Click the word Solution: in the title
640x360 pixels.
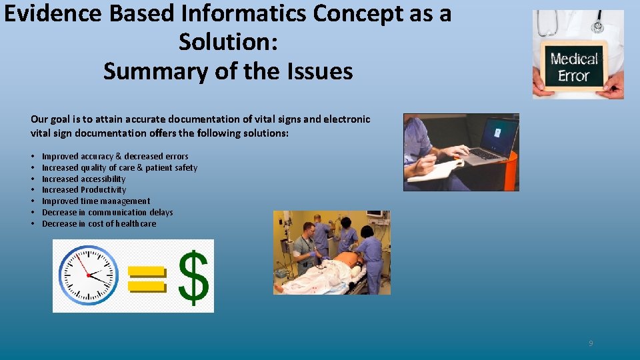[x=228, y=42]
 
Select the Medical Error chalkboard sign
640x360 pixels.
[x=574, y=67]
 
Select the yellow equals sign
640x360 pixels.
[x=145, y=278]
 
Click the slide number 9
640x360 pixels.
[x=591, y=343]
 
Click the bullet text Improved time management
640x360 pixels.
[x=96, y=201]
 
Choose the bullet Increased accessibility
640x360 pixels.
[x=83, y=179]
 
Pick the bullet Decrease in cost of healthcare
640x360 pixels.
[x=99, y=224]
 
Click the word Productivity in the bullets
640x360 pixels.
[x=103, y=190]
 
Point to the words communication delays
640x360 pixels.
[x=131, y=213]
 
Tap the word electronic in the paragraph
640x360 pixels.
[x=347, y=119]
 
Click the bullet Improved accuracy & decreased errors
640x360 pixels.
[x=115, y=157]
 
